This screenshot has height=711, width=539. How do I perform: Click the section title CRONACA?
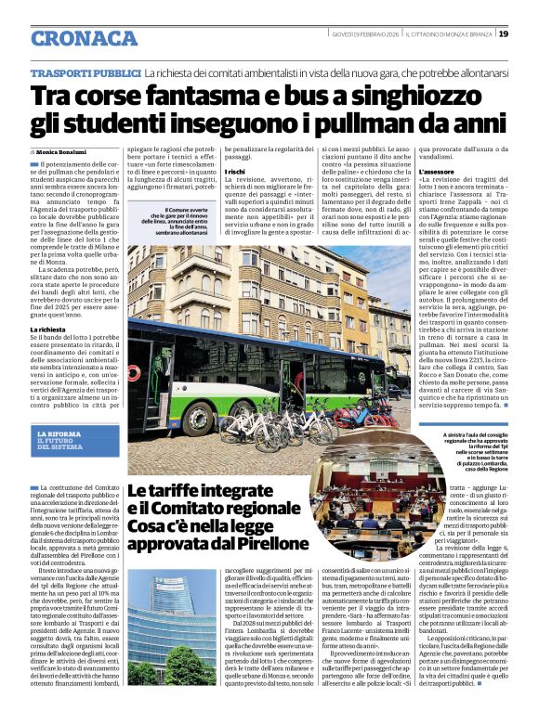click(x=85, y=38)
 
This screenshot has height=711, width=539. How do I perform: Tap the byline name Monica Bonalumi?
click(x=64, y=150)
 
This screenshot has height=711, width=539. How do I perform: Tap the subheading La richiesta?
click(x=48, y=329)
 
